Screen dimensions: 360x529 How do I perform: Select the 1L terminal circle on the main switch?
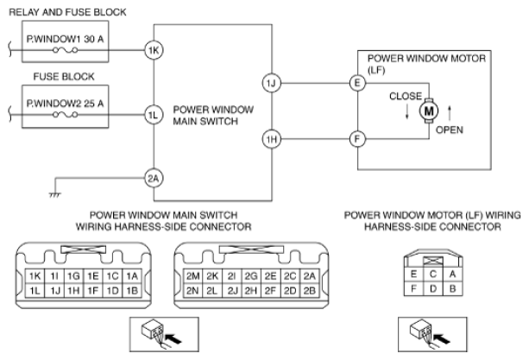tap(153, 111)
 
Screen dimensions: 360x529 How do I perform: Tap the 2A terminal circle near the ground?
tap(153, 179)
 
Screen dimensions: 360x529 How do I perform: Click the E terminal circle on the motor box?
tap(356, 83)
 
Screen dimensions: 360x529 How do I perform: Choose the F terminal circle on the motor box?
tap(356, 138)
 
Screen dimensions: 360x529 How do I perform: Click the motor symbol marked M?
tap(428, 111)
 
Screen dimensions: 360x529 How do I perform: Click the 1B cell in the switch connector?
tap(133, 290)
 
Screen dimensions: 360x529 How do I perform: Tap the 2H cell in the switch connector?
tap(251, 290)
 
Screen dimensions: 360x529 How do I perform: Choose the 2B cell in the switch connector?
tap(310, 290)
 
